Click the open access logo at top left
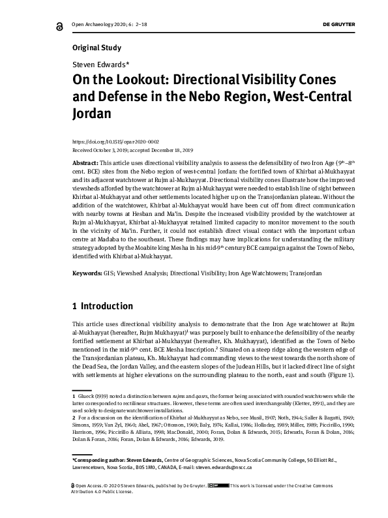[x=42, y=24]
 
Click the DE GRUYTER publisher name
[x=338, y=23]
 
